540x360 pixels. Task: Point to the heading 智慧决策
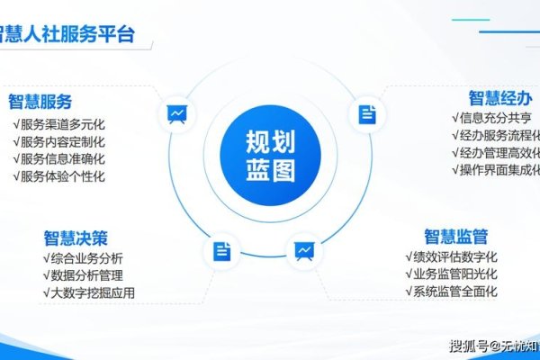76,238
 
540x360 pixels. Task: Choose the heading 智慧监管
456,237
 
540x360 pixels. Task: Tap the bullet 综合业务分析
86,258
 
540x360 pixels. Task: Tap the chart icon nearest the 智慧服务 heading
176,113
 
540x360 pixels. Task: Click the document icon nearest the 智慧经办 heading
366,113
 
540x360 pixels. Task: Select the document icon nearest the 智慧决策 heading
222,251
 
